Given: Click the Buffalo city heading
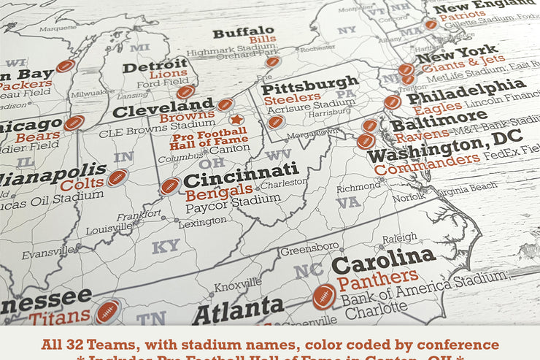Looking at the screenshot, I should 244,32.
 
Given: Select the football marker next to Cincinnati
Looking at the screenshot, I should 170,185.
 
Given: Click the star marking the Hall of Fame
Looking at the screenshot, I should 236,119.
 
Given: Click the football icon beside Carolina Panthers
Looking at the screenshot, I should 324,296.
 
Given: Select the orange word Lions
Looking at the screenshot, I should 169,74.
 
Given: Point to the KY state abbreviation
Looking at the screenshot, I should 166,247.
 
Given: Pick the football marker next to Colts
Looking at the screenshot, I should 117,177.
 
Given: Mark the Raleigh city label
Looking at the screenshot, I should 399,238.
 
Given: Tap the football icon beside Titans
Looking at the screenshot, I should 107,311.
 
